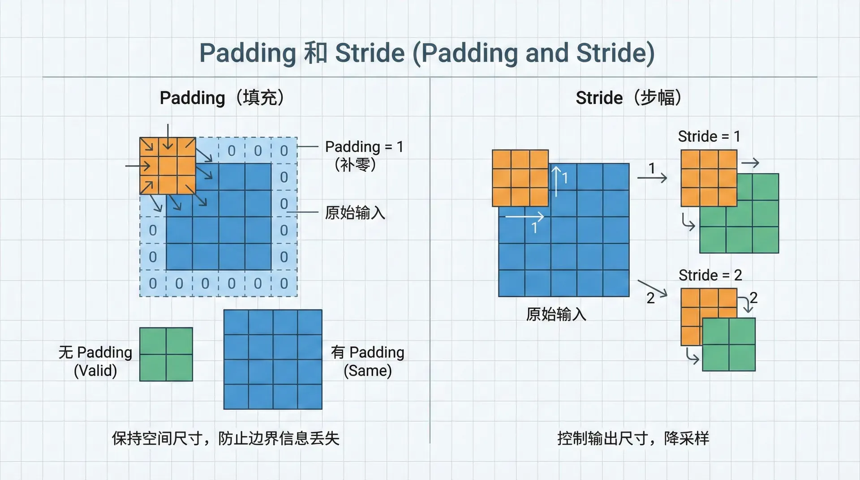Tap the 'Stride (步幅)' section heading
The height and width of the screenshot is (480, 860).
(x=628, y=98)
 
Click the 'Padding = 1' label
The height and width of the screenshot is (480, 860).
(x=364, y=146)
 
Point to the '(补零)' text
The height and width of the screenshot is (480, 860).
(x=355, y=165)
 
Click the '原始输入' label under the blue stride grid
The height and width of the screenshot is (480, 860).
(x=556, y=314)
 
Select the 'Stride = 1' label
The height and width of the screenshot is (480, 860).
(x=709, y=136)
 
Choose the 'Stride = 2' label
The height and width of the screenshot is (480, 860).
(x=710, y=275)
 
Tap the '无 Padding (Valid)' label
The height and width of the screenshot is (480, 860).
(x=95, y=361)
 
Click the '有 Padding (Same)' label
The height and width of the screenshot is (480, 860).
(x=368, y=361)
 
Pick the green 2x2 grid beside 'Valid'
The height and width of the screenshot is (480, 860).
(x=166, y=354)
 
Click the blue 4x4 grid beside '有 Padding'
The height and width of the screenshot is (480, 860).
(x=273, y=359)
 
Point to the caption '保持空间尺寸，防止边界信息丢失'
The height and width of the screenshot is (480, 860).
(x=226, y=438)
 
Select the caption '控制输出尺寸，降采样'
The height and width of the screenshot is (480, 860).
(x=633, y=438)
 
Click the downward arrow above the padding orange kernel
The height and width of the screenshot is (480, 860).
(x=168, y=136)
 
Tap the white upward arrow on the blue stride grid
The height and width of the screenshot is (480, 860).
(x=556, y=182)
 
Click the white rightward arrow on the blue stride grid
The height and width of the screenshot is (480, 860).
(x=525, y=217)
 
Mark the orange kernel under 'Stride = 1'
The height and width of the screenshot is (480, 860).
(x=709, y=178)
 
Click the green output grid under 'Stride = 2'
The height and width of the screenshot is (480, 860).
(x=729, y=344)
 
